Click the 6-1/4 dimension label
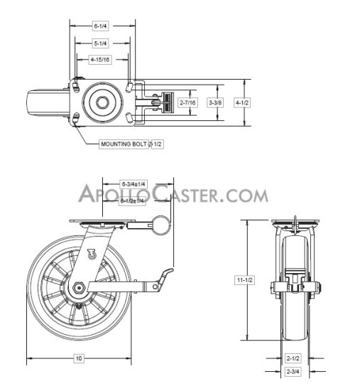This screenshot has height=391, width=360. click(100, 26)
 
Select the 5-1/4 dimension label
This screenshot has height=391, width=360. click(100, 42)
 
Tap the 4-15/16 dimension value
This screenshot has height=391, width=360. click(100, 59)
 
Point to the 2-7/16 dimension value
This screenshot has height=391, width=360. click(188, 103)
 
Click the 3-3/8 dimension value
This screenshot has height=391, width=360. click(215, 103)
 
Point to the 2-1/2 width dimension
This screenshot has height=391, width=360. click(293, 358)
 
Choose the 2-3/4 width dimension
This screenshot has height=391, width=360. click(293, 372)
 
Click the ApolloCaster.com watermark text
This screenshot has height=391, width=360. click(173, 195)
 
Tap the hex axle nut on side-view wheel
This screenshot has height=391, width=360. click(79, 288)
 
